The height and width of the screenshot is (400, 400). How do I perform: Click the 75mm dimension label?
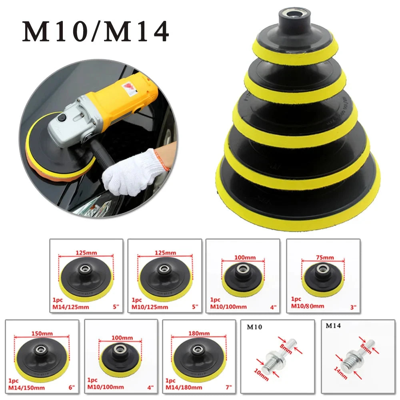(x=324, y=257)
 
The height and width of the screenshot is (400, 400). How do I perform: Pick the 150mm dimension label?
(x=41, y=333)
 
